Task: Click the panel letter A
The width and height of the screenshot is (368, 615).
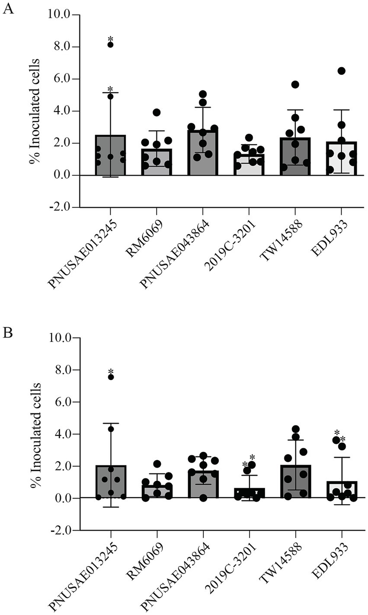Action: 8,9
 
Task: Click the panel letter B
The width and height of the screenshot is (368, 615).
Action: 8,334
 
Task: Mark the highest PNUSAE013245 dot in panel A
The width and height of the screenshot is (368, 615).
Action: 110,45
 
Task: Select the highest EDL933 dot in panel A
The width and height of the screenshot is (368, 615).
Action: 342,71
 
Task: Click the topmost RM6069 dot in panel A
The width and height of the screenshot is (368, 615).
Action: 157,113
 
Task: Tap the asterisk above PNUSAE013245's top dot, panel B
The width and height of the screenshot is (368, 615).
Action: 111,372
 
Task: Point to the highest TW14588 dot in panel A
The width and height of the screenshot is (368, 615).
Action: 295,84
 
